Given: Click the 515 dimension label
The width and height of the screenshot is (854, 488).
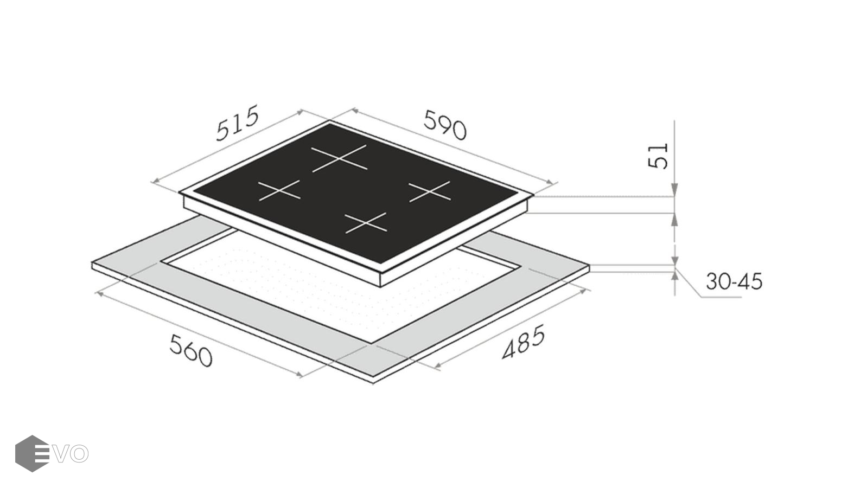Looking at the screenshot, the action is [237, 123].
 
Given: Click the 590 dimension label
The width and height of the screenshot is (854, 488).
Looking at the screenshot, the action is [445, 125].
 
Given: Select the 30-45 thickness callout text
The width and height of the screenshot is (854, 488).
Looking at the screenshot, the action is [734, 281].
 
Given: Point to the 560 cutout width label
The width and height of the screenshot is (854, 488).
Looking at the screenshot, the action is [190, 350].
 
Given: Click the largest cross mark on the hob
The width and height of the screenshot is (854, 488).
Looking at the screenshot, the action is [339, 158].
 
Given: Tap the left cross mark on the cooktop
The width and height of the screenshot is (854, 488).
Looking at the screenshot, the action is [279, 190].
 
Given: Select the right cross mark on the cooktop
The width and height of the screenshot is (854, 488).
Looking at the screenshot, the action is [430, 191].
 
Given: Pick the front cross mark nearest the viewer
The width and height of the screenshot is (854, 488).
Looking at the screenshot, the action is [366, 223].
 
